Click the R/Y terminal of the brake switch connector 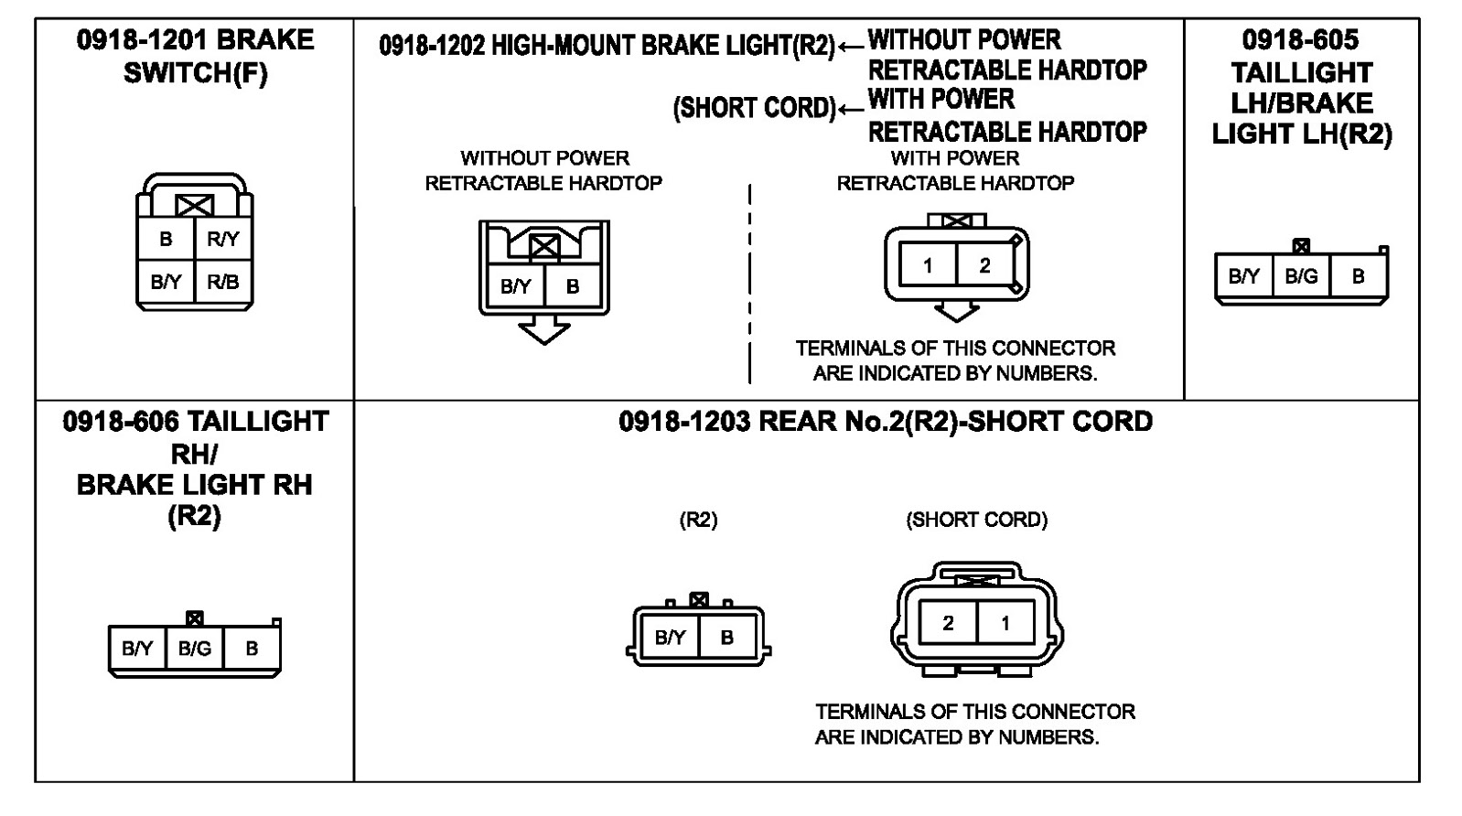[x=222, y=240]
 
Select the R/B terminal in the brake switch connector [x=222, y=282]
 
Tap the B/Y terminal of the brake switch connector [x=166, y=282]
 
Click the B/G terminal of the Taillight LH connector [x=1301, y=276]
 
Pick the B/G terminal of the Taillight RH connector [x=195, y=649]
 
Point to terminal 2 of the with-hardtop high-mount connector [x=984, y=266]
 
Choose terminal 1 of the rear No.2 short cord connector [x=1005, y=624]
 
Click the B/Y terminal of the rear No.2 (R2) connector [x=670, y=638]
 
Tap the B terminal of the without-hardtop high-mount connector [x=573, y=286]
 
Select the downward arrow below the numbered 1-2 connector [x=956, y=312]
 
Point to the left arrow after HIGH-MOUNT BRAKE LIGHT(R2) [x=851, y=46]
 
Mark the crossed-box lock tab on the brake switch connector [x=194, y=205]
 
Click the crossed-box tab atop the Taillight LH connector [x=1301, y=246]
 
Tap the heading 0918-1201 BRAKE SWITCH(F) [x=195, y=56]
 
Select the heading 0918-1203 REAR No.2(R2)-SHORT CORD [x=885, y=422]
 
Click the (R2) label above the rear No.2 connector [x=698, y=521]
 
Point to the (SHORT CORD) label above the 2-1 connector [x=976, y=521]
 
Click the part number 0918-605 [x=1300, y=39]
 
